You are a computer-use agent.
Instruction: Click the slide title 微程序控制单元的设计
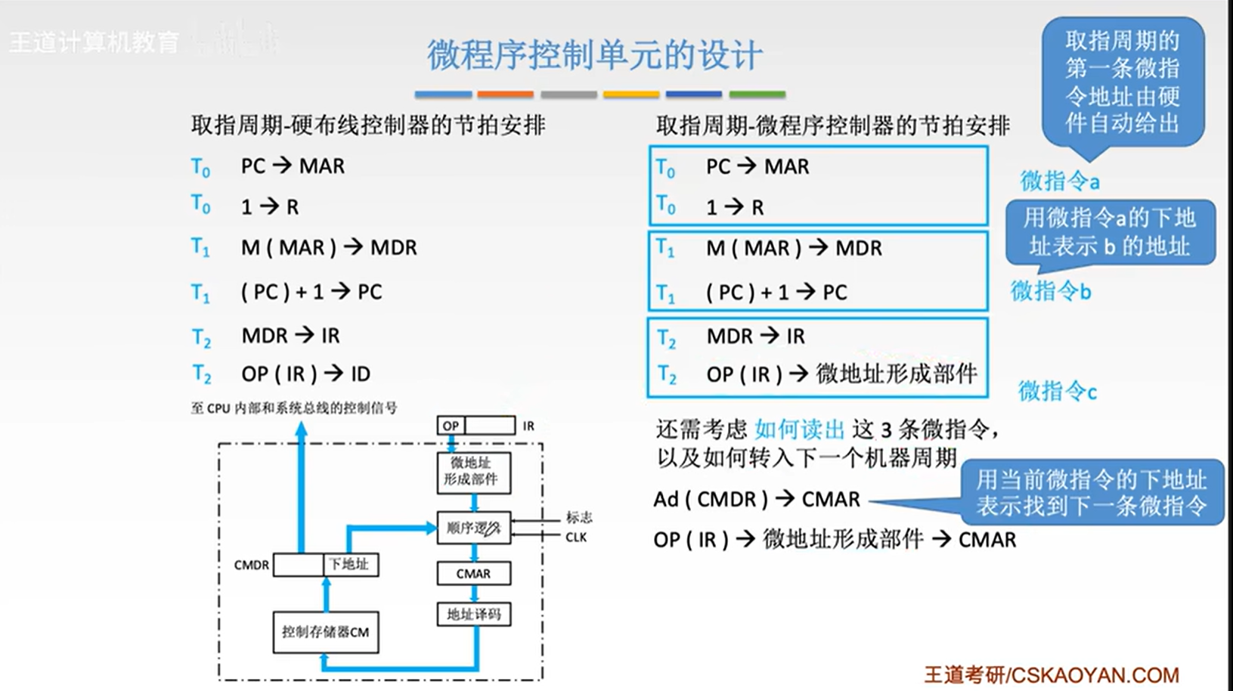pos(594,55)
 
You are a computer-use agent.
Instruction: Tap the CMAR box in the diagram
pos(473,574)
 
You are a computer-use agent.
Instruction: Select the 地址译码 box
pos(473,614)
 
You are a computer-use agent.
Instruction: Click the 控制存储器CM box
pos(325,632)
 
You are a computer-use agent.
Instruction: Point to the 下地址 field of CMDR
pos(350,565)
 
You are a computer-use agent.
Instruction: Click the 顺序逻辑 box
pos(473,528)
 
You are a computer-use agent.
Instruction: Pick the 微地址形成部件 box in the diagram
pos(473,472)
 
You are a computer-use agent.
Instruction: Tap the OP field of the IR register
pos(451,426)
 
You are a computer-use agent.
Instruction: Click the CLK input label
pos(576,538)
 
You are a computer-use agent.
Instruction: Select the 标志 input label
pos(579,517)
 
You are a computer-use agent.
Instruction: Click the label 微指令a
pos(1059,181)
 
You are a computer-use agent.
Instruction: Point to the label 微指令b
pos(1051,291)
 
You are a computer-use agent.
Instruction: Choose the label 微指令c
pos(1057,391)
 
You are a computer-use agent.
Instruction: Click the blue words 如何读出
pos(799,430)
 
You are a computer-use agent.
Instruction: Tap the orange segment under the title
pos(505,95)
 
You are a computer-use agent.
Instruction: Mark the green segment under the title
pos(757,95)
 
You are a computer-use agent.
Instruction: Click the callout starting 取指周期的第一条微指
pos(1122,82)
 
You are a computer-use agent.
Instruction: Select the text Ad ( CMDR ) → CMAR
pos(757,500)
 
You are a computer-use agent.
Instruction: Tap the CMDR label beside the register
pos(251,566)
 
